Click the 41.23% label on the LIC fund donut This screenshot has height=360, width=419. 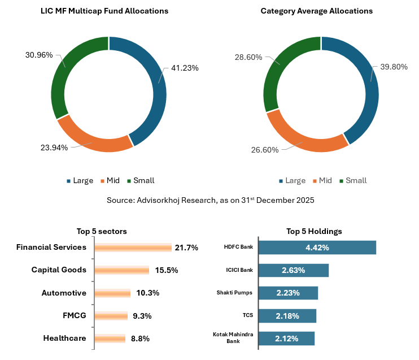pos(184,68)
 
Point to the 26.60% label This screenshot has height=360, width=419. pos(265,150)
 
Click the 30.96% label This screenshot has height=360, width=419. pos(39,55)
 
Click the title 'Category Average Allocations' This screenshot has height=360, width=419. pos(316,11)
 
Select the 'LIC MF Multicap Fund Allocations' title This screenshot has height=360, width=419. pos(104,11)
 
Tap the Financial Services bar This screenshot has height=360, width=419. pos(133,248)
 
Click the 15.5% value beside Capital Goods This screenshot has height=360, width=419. pos(167,270)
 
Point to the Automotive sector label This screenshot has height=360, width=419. pos(64,293)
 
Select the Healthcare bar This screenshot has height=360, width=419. pos(110,339)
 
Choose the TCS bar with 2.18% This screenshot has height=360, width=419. pos(287,315)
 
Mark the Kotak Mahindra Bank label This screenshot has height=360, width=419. pos(233,338)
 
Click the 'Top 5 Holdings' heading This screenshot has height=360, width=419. pos(314,231)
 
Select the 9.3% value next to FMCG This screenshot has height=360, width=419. pos(142,316)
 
